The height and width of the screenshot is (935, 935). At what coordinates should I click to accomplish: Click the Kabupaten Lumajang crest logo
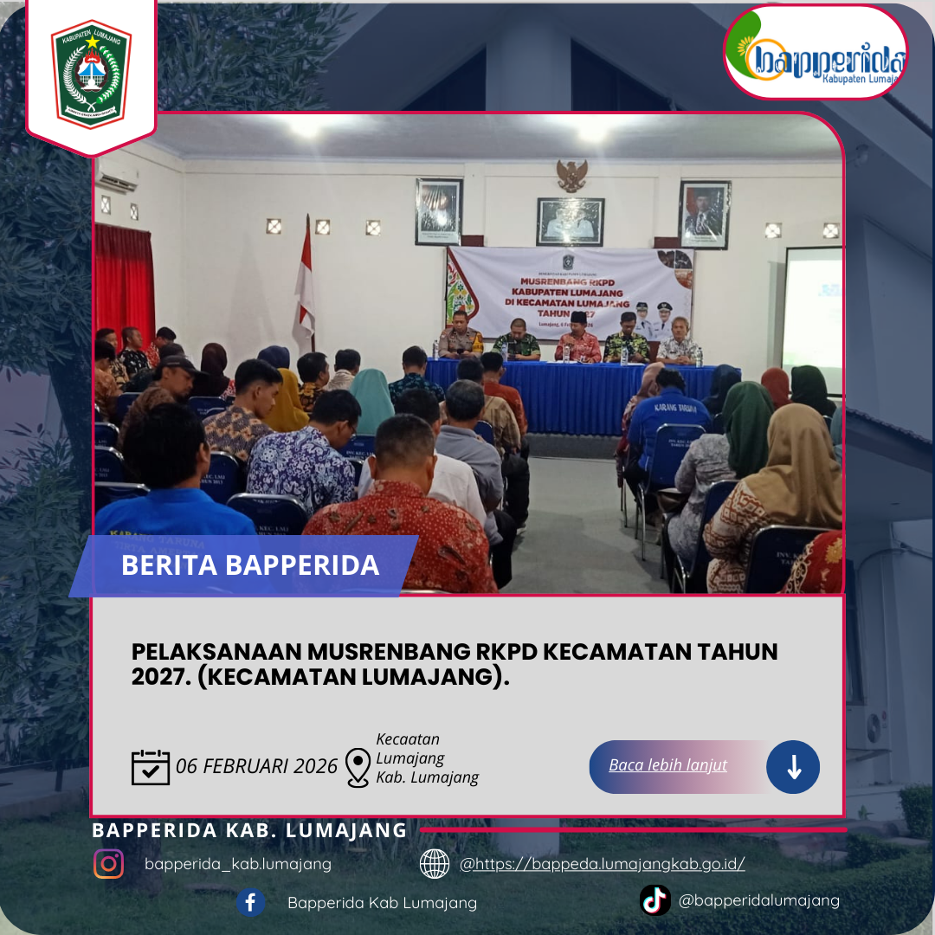91,74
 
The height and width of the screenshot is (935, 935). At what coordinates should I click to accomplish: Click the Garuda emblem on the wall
571,176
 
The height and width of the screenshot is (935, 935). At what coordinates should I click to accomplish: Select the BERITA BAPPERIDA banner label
250,565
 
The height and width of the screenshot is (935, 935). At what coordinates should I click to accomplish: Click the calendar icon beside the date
151,767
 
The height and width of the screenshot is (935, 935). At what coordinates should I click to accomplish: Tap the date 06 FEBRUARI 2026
256,767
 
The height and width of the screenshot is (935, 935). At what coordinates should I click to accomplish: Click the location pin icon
358,767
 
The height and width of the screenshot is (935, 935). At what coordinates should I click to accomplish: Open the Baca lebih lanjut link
667,765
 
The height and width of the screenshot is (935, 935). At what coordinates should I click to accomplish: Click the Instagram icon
109,863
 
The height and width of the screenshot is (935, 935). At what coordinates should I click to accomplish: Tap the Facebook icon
250,903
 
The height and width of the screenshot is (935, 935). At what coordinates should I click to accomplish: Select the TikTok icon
655,900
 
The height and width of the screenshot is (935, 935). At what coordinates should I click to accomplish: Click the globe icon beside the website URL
435,863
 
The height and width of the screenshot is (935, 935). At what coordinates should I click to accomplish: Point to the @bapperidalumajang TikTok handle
759,900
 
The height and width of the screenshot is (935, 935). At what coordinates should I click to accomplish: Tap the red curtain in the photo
124,277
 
